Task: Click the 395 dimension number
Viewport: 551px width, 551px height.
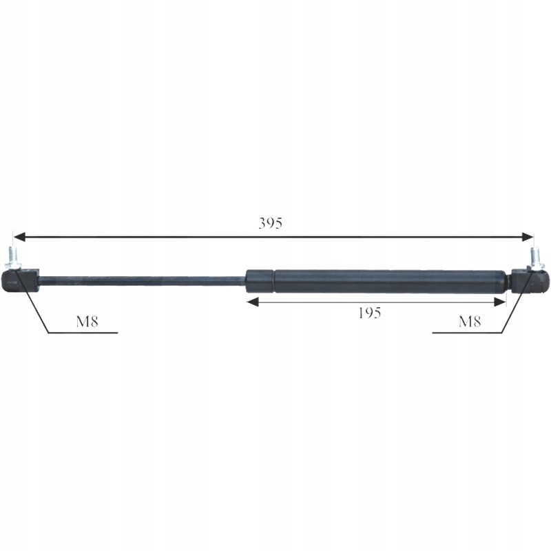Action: (271, 223)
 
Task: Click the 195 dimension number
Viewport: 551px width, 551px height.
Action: (370, 313)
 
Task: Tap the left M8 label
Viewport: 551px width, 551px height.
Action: (86, 321)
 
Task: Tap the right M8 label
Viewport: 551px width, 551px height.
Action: (470, 321)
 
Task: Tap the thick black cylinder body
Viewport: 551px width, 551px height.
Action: (386, 281)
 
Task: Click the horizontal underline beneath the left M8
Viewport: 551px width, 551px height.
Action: (83, 333)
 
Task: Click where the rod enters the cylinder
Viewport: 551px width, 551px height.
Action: (247, 279)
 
